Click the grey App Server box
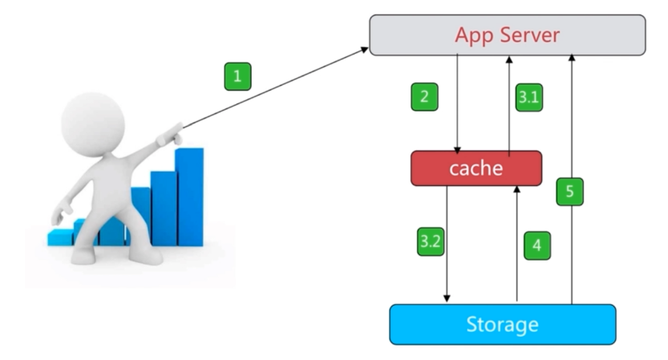[x=507, y=35]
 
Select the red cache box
[x=476, y=168]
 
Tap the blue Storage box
[x=502, y=325]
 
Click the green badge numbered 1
[x=237, y=78]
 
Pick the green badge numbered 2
[x=424, y=97]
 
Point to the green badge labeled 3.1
[x=528, y=98]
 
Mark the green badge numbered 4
[x=538, y=245]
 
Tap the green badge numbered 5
[x=569, y=192]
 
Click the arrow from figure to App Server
[x=277, y=87]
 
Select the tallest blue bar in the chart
[x=190, y=196]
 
